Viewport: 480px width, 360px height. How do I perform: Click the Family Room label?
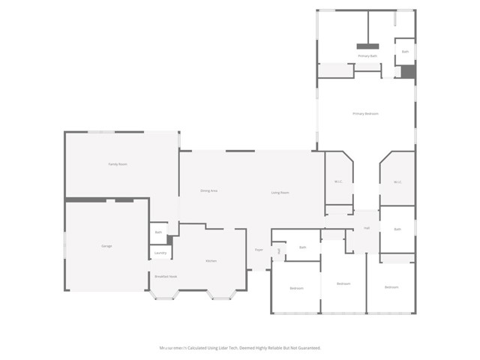click(x=118, y=163)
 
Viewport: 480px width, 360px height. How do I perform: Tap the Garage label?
click(x=106, y=246)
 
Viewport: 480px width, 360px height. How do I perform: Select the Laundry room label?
click(x=160, y=253)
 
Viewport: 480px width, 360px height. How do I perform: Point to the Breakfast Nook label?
click(x=166, y=277)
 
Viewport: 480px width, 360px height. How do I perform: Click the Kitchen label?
click(x=211, y=261)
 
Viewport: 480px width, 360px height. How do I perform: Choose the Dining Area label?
click(x=209, y=191)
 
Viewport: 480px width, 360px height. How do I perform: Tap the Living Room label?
click(x=280, y=193)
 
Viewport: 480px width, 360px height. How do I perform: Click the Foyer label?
click(x=259, y=250)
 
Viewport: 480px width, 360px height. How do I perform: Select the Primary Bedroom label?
click(x=365, y=113)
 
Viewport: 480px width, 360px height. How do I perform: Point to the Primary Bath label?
click(x=367, y=56)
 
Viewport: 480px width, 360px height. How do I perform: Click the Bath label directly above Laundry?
click(x=159, y=232)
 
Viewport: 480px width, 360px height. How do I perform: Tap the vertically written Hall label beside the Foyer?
click(x=279, y=250)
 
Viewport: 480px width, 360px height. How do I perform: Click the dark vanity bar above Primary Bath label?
click(x=367, y=43)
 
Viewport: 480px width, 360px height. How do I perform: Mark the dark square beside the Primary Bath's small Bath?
click(x=407, y=71)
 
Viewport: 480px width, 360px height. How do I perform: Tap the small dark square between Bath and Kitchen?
click(x=169, y=240)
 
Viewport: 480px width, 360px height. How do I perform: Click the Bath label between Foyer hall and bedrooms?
click(x=303, y=247)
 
